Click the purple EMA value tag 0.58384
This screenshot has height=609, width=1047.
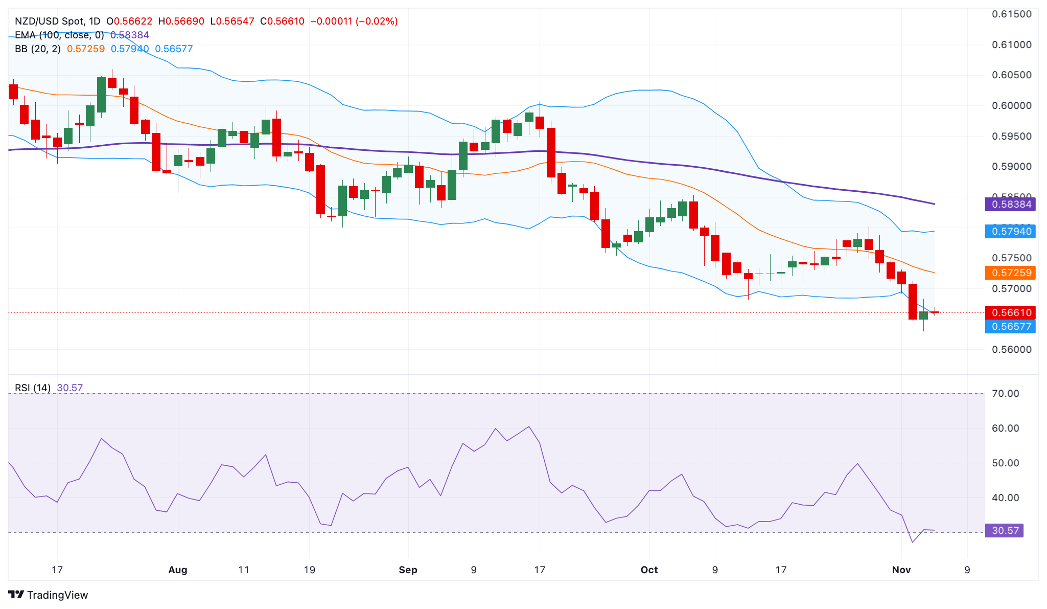[x=1010, y=205]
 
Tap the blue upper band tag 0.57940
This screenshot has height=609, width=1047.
[x=1010, y=232]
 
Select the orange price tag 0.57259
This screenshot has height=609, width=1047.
[x=1010, y=273]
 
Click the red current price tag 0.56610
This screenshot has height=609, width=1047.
[x=1010, y=312]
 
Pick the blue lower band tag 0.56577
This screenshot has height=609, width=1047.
[x=1010, y=327]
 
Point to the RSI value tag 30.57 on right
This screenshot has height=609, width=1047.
[x=1004, y=531]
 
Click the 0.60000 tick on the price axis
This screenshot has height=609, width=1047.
[x=1011, y=106]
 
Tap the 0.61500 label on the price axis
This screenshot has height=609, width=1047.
[x=1011, y=14]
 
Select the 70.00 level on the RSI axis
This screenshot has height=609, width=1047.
[x=1005, y=394]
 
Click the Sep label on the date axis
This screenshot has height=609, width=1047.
[x=408, y=570]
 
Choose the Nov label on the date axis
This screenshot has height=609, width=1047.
[x=901, y=570]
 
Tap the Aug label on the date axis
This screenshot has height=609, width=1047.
[x=178, y=570]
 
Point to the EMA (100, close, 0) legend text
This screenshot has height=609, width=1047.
[x=59, y=35]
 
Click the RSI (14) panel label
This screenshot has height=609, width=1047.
[x=33, y=388]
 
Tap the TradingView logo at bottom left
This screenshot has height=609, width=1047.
[x=49, y=595]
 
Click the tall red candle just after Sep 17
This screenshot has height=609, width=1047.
[x=551, y=152]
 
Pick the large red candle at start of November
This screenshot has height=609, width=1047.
[x=913, y=302]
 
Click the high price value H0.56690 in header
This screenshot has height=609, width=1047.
[x=181, y=21]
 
